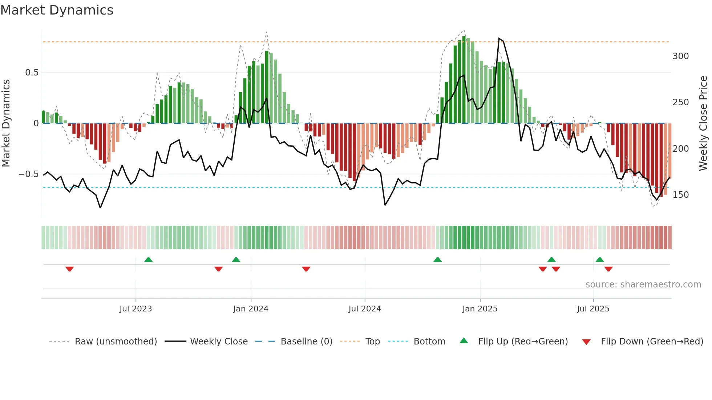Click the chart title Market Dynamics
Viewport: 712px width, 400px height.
pos(57,10)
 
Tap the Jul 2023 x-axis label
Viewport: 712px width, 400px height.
pos(135,309)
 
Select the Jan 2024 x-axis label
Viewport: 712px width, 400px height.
pos(251,309)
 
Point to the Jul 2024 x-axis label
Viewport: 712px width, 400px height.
pos(365,309)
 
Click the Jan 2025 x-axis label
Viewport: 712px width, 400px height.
pos(480,309)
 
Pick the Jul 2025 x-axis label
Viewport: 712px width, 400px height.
pos(593,309)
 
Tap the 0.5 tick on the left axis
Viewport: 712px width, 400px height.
pos(32,73)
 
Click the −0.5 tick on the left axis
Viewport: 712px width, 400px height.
pos(29,174)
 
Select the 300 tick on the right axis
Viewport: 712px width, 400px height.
pos(681,56)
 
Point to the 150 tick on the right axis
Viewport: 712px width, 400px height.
pos(681,195)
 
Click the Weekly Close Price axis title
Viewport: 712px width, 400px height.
pos(704,123)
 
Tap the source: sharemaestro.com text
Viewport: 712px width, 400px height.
pos(643,285)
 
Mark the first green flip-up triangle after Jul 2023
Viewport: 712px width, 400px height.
pos(148,260)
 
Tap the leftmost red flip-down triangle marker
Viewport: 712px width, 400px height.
pos(70,269)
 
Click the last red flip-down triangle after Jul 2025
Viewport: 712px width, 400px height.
pos(608,269)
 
